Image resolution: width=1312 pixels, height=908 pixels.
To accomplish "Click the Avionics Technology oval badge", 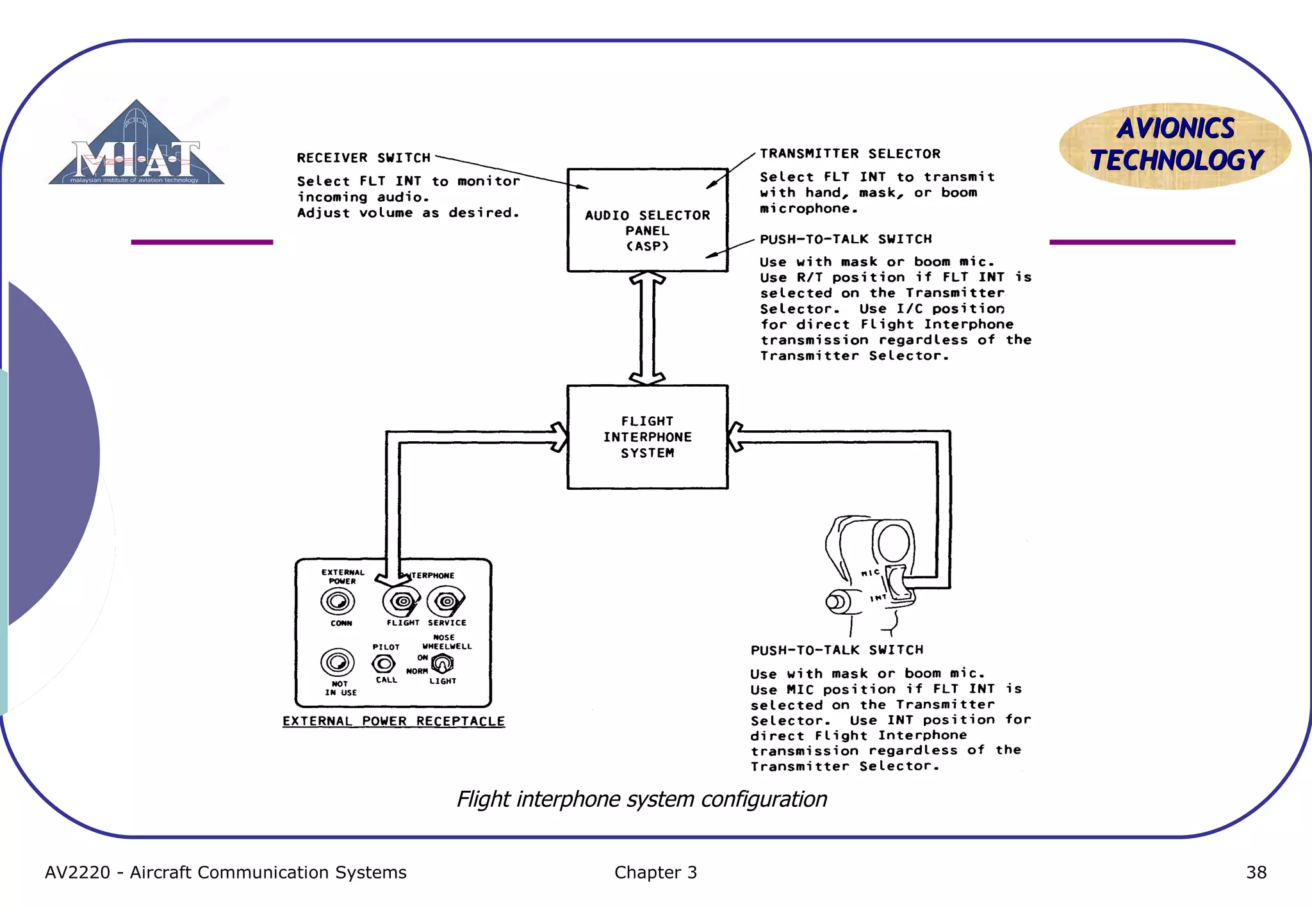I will [1175, 145].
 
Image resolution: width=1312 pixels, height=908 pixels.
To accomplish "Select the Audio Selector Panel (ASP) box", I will [647, 220].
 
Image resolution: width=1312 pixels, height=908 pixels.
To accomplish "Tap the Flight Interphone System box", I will [647, 437].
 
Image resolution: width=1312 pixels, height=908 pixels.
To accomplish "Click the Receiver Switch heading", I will [363, 158].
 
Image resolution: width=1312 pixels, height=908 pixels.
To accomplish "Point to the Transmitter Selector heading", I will [849, 154].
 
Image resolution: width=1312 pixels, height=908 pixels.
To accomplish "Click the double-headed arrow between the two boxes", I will [647, 328].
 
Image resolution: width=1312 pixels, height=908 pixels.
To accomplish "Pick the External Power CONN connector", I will [337, 601].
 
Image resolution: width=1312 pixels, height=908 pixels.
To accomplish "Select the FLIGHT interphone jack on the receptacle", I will [401, 601].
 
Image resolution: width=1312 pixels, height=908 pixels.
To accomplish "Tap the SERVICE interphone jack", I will [447, 601].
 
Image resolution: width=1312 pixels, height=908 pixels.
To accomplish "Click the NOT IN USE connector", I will [337, 662].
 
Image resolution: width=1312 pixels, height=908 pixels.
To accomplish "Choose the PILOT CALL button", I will [384, 663].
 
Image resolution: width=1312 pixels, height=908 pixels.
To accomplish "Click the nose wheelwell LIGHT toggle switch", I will [442, 663].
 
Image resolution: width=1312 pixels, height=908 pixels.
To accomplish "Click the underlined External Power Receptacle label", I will [393, 721].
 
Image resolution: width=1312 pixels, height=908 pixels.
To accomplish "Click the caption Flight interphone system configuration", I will [641, 799].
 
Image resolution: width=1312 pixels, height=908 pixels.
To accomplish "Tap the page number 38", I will [1256, 872].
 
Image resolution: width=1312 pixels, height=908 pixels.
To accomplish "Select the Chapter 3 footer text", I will [655, 872].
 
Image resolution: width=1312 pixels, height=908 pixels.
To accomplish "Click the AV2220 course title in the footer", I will [225, 872].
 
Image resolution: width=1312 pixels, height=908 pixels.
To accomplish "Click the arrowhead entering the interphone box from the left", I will [559, 437].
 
